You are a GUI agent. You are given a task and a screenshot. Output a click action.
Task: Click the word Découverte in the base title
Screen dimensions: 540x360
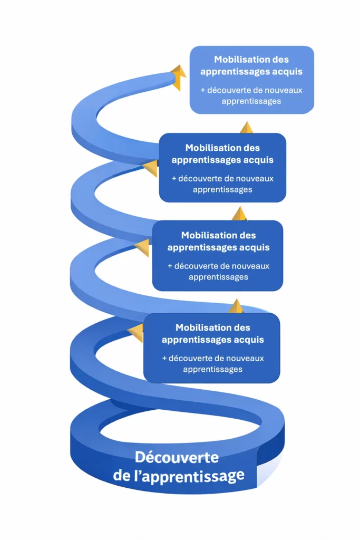176,457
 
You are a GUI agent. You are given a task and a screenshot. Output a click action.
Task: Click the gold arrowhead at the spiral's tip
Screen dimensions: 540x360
179,77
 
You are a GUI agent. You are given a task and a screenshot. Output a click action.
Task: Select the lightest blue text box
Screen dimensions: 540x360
251,80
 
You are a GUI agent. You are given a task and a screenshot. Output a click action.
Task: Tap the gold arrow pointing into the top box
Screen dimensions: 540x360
246,127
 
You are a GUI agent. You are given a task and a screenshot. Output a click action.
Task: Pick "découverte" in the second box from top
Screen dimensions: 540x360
198,179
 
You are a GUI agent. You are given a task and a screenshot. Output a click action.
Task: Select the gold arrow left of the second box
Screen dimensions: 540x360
150,169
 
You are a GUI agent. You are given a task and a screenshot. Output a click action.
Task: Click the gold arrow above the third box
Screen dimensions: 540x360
239,214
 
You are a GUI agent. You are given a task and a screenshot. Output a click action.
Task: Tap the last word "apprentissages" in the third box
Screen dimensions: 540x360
218,277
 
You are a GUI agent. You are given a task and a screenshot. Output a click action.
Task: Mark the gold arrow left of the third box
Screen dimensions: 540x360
142,248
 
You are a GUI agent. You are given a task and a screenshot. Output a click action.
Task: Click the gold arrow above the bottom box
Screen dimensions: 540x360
237,306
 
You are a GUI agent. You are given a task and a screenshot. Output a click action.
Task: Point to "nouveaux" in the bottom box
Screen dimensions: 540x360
247,359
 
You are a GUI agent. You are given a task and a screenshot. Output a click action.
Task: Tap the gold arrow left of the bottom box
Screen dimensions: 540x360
135,333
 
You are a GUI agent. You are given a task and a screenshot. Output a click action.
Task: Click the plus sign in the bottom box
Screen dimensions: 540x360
164,359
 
